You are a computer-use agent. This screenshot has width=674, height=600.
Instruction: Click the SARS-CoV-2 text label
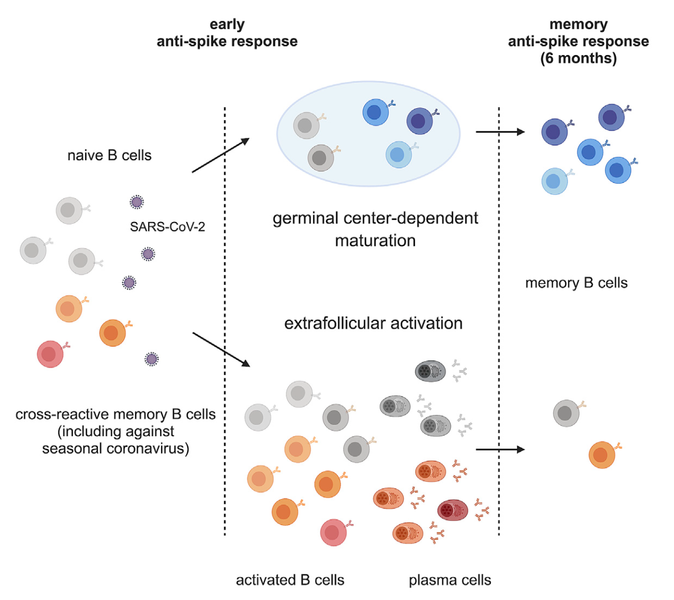pyautogui.click(x=167, y=227)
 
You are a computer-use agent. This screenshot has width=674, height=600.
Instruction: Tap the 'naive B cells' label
pyautogui.click(x=109, y=155)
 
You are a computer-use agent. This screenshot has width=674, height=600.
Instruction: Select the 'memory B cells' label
pyautogui.click(x=576, y=283)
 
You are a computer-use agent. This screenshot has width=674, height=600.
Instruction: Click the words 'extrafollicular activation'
pyautogui.click(x=373, y=323)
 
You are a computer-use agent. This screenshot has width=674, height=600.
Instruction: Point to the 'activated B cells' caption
pyautogui.click(x=290, y=580)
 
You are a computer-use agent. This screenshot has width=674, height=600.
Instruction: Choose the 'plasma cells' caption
pyautogui.click(x=450, y=580)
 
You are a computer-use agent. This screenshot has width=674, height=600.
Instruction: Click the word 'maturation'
pyautogui.click(x=375, y=241)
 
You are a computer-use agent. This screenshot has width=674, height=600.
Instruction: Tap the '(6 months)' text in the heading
pyautogui.click(x=578, y=58)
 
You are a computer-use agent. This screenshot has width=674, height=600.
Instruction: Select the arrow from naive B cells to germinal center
pyautogui.click(x=221, y=155)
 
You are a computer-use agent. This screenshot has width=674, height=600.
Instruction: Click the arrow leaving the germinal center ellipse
pyautogui.click(x=500, y=132)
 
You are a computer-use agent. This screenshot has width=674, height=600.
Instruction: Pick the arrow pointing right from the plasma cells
pyautogui.click(x=500, y=449)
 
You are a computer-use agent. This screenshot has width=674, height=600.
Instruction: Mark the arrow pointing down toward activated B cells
pyautogui.click(x=221, y=349)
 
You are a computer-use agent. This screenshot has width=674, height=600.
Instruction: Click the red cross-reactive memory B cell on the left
pyautogui.click(x=50, y=354)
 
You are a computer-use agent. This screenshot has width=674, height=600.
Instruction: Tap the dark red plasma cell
pyautogui.click(x=452, y=510)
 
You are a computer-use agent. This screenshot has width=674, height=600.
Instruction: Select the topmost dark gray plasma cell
pyautogui.click(x=430, y=371)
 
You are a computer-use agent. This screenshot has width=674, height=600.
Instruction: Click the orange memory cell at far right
pyautogui.click(x=602, y=455)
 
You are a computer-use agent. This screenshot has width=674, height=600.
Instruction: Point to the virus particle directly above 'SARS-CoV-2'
pyautogui.click(x=137, y=202)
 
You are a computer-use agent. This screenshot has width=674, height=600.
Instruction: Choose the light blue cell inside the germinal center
pyautogui.click(x=398, y=154)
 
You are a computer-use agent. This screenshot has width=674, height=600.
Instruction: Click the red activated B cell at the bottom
pyautogui.click(x=333, y=532)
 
